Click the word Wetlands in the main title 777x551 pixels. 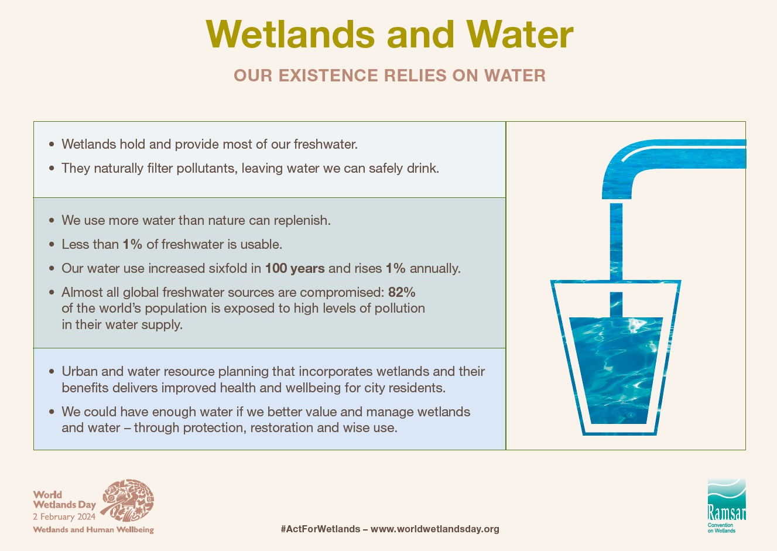click(x=290, y=34)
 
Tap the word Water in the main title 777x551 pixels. click(x=519, y=34)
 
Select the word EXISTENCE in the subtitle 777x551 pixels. click(x=327, y=76)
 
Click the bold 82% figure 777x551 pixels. click(x=402, y=292)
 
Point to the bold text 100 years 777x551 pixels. click(x=295, y=268)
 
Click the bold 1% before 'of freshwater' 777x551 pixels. click(x=132, y=244)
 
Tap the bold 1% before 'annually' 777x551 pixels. click(x=396, y=268)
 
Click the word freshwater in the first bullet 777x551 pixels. click(x=326, y=144)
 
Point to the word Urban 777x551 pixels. click(x=80, y=371)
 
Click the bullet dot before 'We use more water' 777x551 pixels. click(x=52, y=220)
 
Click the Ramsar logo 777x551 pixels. click(x=727, y=505)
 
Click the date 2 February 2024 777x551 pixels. click(x=64, y=516)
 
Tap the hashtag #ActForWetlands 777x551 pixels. click(x=320, y=529)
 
